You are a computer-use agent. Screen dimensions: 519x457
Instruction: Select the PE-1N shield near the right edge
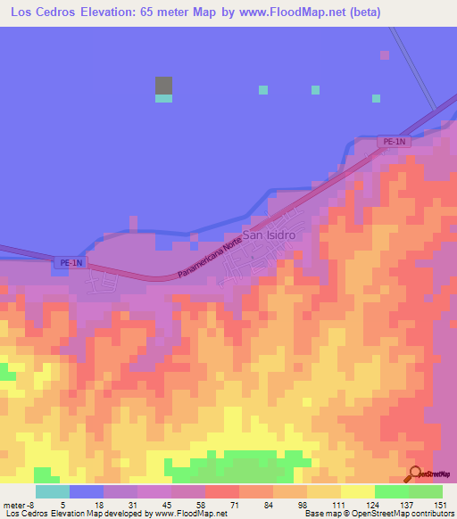(x=391, y=142)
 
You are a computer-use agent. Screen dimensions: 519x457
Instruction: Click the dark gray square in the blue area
(x=163, y=86)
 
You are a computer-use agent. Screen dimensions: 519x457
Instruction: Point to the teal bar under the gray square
(x=163, y=98)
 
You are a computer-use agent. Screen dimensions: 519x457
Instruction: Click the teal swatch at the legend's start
(x=53, y=491)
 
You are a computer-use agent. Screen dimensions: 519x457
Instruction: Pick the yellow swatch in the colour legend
(x=358, y=491)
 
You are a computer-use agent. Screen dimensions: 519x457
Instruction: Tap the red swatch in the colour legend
(x=222, y=491)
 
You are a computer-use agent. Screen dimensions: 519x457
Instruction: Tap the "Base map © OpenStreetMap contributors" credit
(x=378, y=514)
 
